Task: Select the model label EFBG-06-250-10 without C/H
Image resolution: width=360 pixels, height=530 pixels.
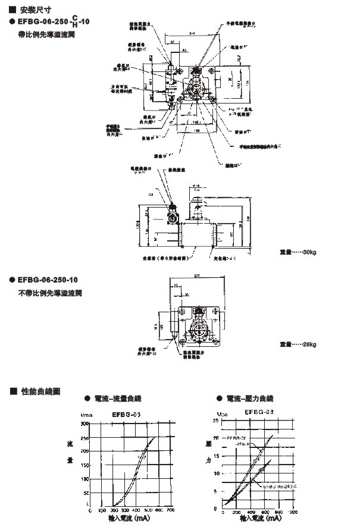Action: point(48,280)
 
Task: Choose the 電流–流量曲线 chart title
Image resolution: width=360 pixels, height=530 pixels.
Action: point(119,398)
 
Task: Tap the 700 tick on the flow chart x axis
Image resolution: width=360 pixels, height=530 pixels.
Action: point(171,510)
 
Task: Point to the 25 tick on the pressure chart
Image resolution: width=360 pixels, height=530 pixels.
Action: point(216,421)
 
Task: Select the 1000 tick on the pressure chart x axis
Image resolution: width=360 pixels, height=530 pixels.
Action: point(292,510)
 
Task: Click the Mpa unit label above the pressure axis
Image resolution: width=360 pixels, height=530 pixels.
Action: point(222,413)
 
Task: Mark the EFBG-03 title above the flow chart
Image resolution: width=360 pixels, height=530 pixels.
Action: point(126,413)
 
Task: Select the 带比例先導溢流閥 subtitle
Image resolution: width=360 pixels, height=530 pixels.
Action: point(48,35)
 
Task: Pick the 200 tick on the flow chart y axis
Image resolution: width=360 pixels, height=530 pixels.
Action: point(85,451)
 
